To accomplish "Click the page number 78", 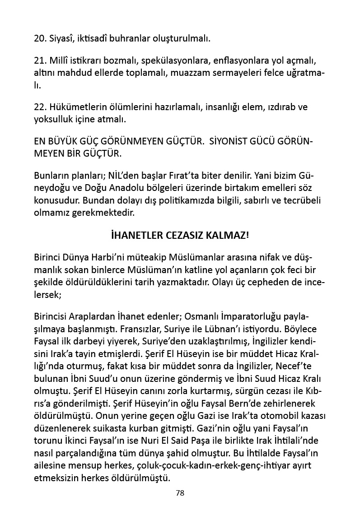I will tap(180, 493).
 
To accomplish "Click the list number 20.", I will tap(39, 38).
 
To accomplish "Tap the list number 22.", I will tap(39, 107).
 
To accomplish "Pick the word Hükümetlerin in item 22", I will tap(79, 107).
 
